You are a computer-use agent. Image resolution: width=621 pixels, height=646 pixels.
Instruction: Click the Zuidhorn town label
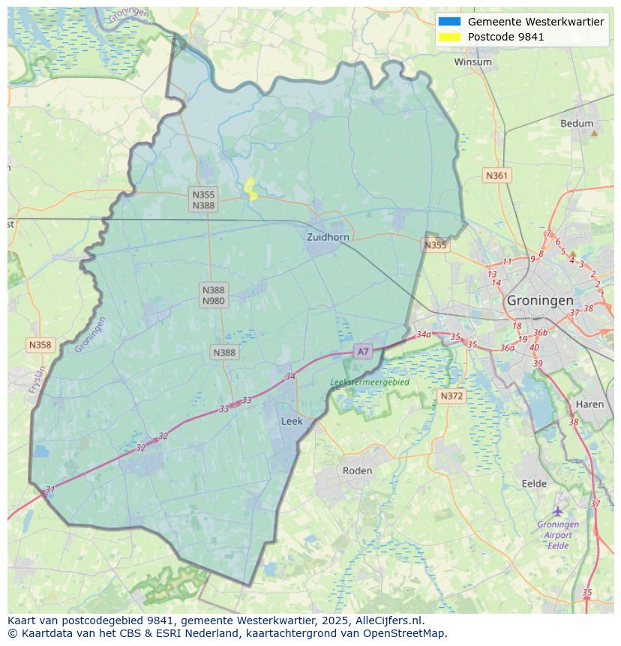pos(328,237)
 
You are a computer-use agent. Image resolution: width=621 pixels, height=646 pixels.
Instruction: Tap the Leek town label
pos(292,422)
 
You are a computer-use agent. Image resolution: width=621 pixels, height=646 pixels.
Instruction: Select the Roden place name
pos(357,470)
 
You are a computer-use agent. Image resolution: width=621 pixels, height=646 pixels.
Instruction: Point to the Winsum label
pos(472,62)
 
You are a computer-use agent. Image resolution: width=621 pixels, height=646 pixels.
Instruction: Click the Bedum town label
pos(576,124)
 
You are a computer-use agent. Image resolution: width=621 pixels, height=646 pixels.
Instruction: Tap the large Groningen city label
pos(540,300)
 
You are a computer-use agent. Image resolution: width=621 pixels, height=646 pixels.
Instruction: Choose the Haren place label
pos(589,404)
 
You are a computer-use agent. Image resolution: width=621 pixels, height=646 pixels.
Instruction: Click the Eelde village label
pos(534,484)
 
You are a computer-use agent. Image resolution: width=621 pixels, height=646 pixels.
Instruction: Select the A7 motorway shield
pos(363,351)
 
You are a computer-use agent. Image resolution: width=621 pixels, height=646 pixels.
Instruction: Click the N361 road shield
pos(496,176)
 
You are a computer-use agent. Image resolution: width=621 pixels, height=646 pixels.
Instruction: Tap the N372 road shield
pos(451,395)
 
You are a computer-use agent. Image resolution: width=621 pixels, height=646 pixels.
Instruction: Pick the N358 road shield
pos(40,345)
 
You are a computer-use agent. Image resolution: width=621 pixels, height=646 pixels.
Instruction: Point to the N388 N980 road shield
pos(213,295)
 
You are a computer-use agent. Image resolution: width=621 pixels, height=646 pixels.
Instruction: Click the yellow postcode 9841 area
pos(250,189)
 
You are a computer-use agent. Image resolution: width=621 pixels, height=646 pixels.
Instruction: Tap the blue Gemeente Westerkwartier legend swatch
pos(450,22)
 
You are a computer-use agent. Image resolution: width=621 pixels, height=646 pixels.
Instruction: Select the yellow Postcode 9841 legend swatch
pos(450,37)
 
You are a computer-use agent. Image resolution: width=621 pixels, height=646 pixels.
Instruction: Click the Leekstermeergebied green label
pos(370,382)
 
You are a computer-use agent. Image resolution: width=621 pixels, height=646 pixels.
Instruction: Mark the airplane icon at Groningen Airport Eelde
pos(557,512)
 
